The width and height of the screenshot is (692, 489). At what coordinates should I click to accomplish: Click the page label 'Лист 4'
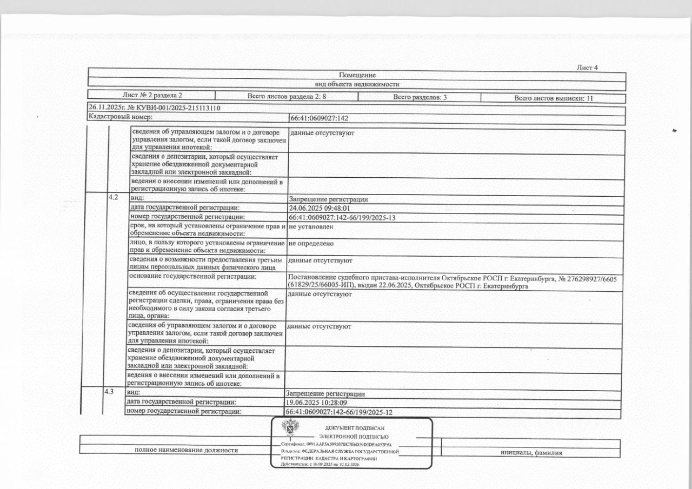(588, 68)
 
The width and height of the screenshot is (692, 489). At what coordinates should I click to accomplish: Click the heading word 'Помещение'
(357, 75)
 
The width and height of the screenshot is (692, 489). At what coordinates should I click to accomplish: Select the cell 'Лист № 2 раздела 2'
(152, 96)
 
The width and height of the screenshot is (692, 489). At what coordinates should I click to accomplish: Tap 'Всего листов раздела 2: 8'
(287, 96)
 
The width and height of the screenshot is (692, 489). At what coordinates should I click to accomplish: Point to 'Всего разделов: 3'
(420, 97)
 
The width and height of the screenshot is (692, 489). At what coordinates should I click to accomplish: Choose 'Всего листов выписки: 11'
(554, 98)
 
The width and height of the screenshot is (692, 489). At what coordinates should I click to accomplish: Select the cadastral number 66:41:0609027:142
(320, 117)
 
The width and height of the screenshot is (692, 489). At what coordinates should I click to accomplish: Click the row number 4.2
(114, 197)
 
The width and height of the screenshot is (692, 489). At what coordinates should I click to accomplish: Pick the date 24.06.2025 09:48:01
(321, 208)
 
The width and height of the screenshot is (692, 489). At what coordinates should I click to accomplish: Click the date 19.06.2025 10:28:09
(316, 403)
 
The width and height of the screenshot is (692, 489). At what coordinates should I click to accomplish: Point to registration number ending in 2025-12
(338, 412)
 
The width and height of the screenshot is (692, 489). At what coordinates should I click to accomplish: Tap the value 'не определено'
(311, 244)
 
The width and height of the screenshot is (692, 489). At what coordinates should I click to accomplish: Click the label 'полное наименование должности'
(187, 450)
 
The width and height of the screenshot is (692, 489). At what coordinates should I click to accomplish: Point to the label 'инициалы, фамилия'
(532, 453)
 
